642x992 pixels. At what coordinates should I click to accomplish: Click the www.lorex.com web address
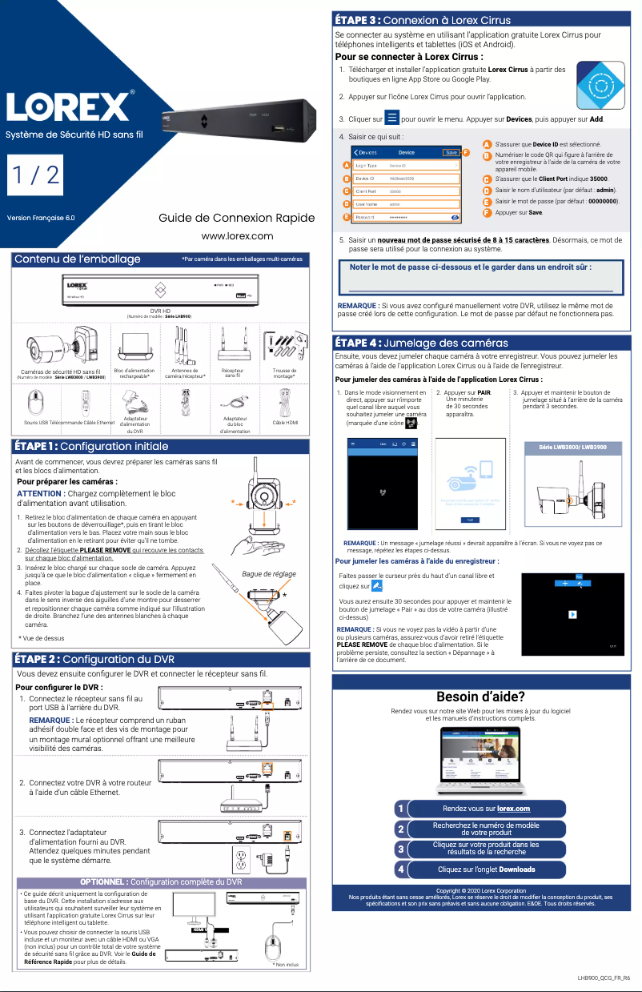[237, 235]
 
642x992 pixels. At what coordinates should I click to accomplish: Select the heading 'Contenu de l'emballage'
[78, 259]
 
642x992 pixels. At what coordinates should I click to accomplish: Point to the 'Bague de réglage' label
[268, 573]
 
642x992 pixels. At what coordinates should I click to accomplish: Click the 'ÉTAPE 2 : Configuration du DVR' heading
[94, 659]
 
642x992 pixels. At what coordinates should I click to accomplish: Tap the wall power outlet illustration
[241, 861]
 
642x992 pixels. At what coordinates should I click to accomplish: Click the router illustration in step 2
[243, 806]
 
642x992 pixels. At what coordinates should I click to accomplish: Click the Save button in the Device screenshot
[451, 152]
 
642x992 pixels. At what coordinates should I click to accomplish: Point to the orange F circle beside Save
[466, 152]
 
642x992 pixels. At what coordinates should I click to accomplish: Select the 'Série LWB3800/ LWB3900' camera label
[568, 447]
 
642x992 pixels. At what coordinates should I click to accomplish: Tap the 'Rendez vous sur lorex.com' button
[486, 809]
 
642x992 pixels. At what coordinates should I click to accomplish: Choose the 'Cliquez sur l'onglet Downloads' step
[486, 869]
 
